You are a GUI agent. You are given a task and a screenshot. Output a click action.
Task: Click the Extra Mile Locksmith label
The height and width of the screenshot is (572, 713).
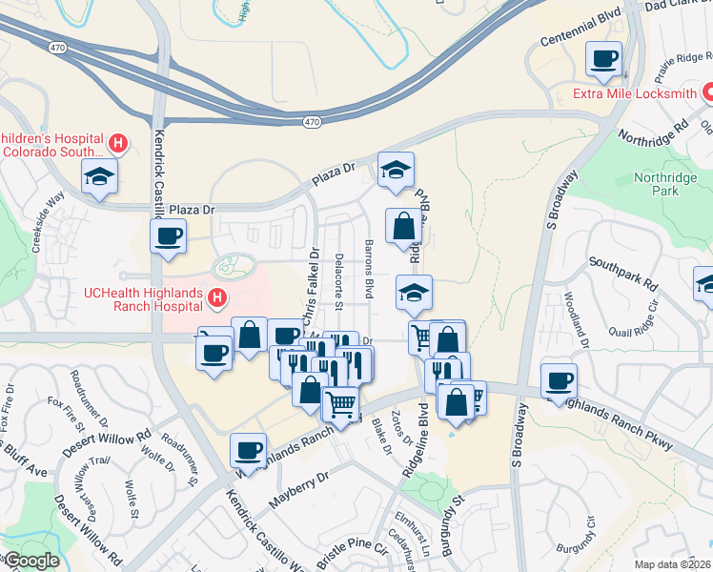[634, 93]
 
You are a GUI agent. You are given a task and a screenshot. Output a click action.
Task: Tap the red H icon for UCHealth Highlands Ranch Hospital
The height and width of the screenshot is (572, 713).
[217, 299]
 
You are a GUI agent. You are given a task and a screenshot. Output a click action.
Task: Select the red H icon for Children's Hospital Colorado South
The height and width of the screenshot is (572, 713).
[118, 144]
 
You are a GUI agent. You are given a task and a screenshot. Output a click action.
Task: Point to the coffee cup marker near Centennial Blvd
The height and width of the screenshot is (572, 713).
[603, 58]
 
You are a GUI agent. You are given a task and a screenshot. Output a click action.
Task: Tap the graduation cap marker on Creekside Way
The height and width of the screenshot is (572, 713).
[98, 176]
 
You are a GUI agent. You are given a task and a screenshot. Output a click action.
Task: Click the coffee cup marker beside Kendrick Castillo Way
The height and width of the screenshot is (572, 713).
[170, 235]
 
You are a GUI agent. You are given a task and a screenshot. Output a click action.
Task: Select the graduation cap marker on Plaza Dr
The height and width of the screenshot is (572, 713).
[397, 170]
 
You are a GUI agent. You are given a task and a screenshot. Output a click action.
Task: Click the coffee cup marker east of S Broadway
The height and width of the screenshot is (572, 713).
[559, 380]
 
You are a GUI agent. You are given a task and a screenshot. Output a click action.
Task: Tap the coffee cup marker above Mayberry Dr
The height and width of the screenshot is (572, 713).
[249, 449]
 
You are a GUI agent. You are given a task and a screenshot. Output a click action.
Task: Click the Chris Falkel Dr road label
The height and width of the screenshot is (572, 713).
[309, 287]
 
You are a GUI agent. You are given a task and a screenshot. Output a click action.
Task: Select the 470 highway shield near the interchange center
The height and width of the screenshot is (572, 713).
[313, 121]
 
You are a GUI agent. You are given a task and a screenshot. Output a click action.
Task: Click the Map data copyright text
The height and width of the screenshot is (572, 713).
[674, 564]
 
